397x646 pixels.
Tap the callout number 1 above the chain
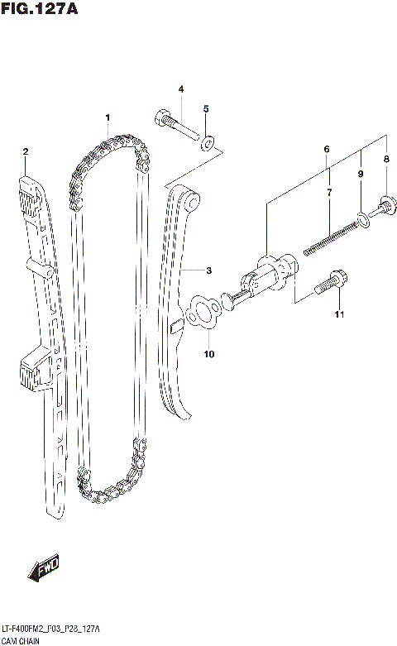pos(107,118)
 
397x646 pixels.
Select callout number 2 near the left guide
pos(26,151)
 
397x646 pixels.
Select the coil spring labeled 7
pos(331,236)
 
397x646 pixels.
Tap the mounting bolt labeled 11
pos(331,284)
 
